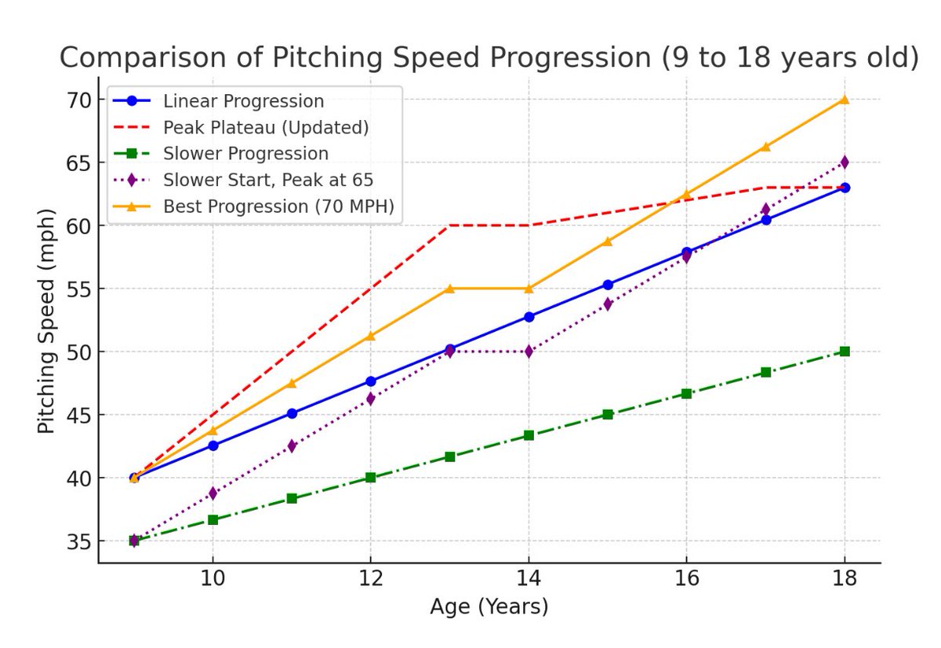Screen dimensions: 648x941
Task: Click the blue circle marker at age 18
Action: click(845, 187)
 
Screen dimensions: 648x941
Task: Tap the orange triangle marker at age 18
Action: click(845, 99)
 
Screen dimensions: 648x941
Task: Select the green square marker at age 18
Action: click(845, 351)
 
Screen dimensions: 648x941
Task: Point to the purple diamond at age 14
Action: click(529, 351)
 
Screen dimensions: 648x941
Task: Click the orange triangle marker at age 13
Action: click(449, 288)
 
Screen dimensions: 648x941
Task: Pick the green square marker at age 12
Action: click(370, 477)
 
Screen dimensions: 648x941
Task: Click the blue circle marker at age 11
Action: click(291, 413)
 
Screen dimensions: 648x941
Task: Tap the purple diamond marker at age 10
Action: click(212, 493)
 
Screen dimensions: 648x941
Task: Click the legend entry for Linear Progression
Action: click(243, 101)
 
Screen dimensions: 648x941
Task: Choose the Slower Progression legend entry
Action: click(245, 154)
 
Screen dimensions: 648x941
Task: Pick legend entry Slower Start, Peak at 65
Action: click(267, 180)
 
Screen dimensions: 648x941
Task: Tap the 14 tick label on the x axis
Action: click(528, 581)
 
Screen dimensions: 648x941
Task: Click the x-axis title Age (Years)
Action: click(489, 606)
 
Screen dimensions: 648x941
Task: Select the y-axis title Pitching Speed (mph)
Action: click(47, 321)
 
